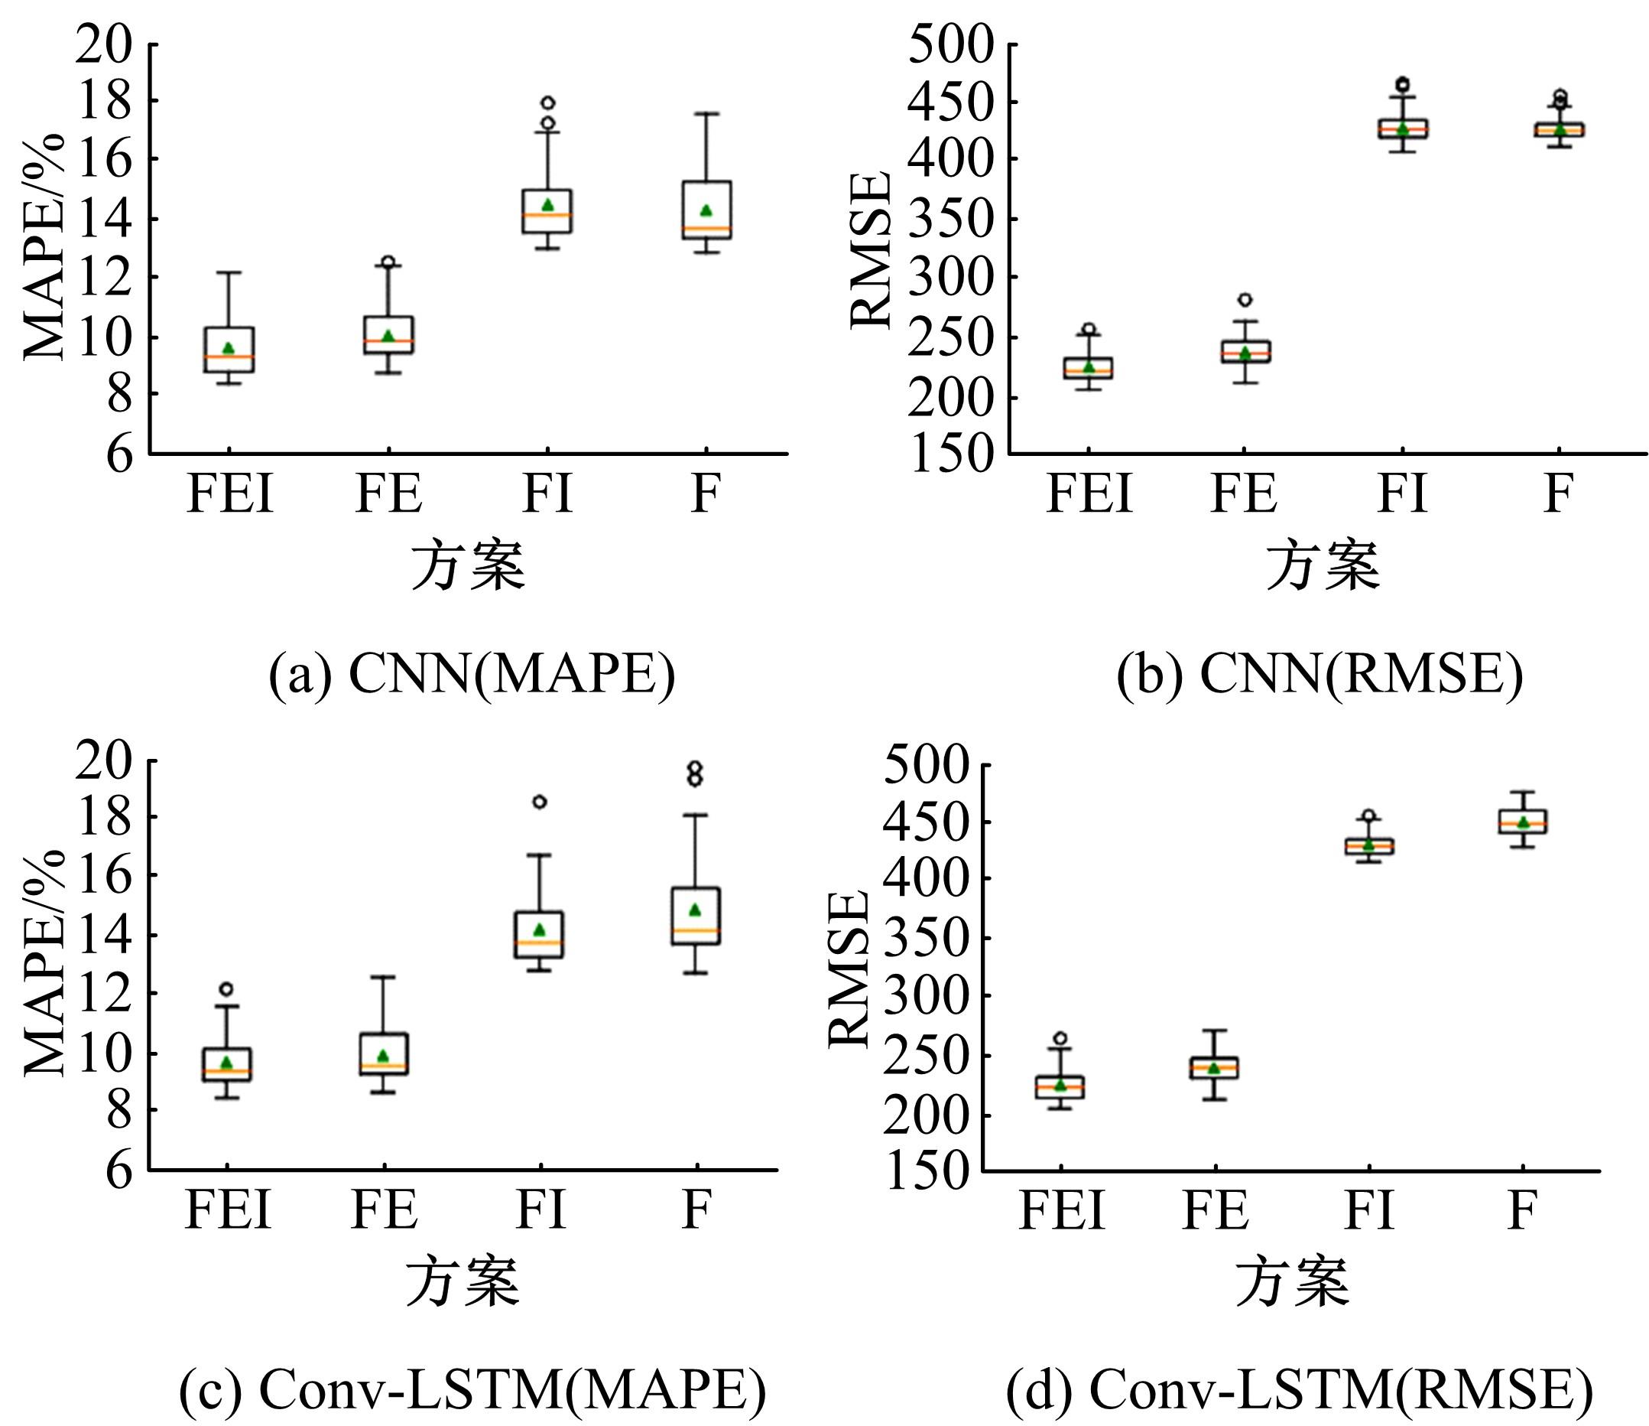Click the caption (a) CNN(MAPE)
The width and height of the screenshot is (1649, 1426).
point(471,675)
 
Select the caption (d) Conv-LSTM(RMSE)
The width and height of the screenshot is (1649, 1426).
point(1299,1389)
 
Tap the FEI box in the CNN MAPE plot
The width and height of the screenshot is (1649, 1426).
point(229,349)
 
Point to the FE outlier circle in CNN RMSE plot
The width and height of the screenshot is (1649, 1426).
point(1245,300)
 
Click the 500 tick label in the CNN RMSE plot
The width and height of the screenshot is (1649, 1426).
point(951,44)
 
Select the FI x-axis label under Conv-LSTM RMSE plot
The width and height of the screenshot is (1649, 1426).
point(1369,1210)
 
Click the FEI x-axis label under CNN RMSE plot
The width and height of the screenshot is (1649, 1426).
point(1089,493)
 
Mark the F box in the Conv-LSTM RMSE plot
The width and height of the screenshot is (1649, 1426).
point(1522,821)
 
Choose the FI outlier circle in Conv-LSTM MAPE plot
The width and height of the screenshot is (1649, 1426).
point(540,802)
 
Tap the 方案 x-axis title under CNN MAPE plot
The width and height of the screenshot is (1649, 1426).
point(468,566)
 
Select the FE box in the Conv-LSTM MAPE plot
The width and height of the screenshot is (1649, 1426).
point(385,1053)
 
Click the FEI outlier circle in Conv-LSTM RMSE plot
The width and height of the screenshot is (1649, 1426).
point(1060,1038)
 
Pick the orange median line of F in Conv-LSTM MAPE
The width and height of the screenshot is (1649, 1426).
point(696,930)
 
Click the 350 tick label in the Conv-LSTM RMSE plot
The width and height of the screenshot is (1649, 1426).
point(927,938)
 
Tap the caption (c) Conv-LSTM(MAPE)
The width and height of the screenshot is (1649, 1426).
point(472,1389)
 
